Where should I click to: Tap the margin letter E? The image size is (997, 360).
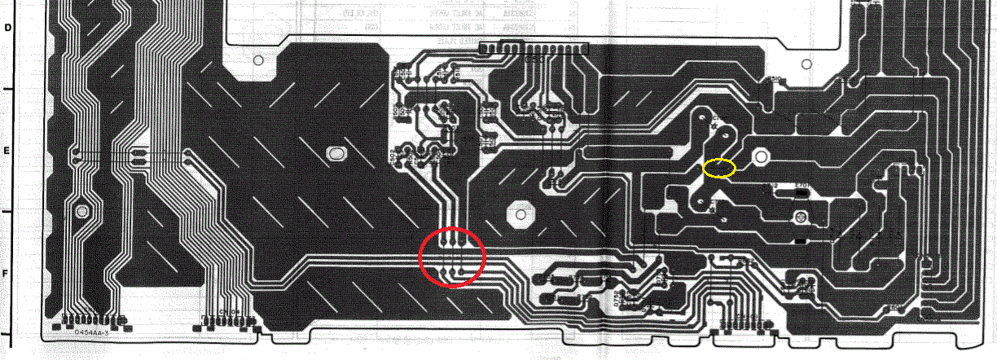coord(10,151)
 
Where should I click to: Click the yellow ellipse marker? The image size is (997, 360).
coord(719,169)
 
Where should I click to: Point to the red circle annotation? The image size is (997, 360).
coord(452,257)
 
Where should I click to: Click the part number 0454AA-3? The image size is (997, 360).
coord(91,332)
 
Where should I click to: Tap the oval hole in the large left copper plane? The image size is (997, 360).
coord(335,153)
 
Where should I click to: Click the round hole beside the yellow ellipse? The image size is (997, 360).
coord(761,156)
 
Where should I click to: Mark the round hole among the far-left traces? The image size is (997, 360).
coord(81,212)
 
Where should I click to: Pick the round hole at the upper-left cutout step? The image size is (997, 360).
coord(258,60)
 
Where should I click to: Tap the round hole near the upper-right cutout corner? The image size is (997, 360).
coord(806,62)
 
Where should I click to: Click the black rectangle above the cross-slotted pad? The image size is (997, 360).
coord(801,195)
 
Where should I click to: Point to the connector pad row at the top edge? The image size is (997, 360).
coord(534,50)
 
